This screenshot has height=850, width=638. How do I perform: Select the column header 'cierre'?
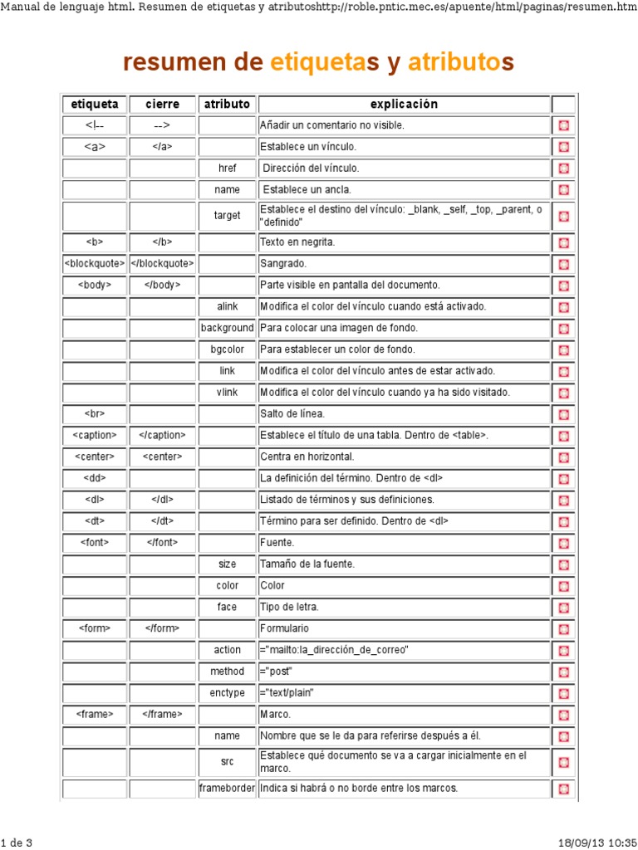coord(162,105)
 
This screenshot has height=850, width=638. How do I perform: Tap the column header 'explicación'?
coord(404,105)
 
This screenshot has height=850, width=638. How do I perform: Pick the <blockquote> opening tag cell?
coord(95,264)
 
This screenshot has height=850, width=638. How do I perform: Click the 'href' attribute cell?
coord(227,168)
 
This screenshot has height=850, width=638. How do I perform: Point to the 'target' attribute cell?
coord(227,216)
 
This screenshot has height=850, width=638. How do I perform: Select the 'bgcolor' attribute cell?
coord(227,349)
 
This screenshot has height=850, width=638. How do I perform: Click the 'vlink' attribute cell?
coord(227,393)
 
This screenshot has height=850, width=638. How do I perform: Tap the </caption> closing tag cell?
coord(162,435)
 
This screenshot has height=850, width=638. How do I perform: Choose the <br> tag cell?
coord(95,413)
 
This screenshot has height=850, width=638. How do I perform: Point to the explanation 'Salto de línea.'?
coord(292,413)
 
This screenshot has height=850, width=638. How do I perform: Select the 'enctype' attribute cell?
coord(227,693)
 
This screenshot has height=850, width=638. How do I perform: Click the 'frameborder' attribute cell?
coord(227,788)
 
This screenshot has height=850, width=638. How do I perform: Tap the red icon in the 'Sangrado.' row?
coord(563,264)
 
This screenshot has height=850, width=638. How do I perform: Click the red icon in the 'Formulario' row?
coord(563,629)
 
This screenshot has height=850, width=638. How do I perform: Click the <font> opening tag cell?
coord(95,543)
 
